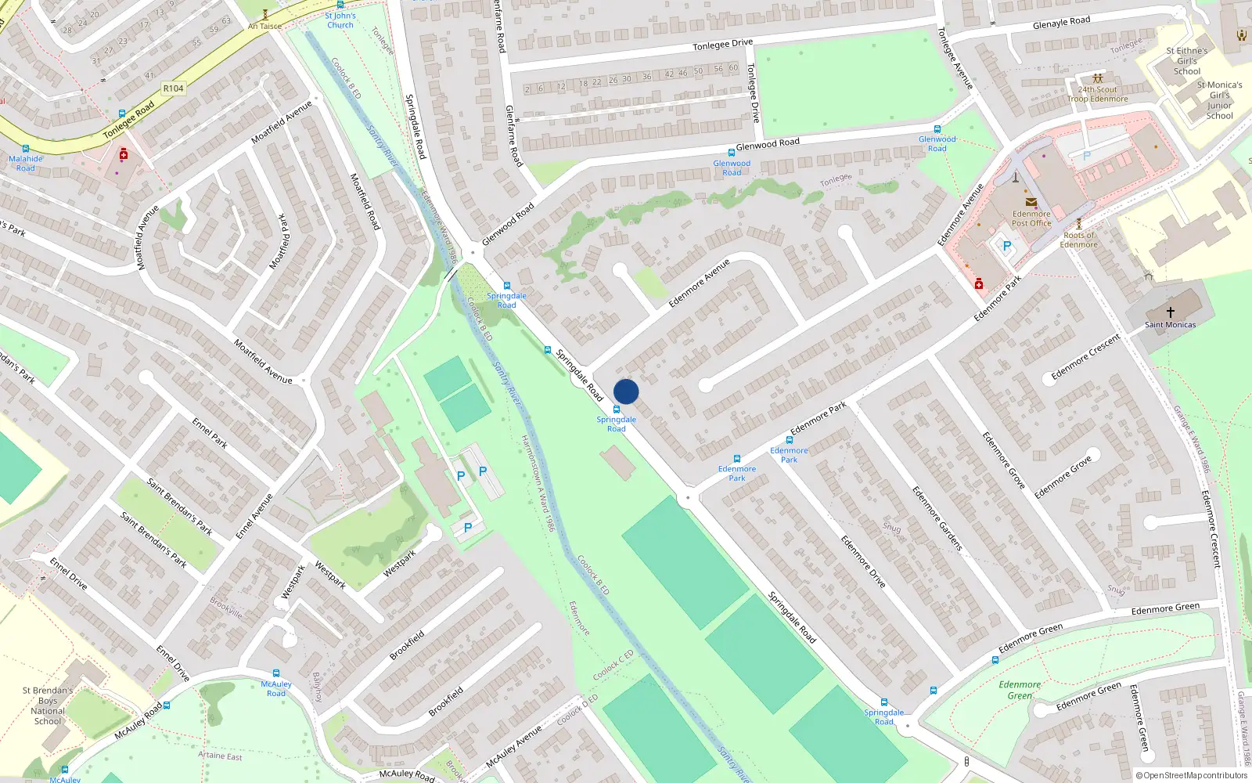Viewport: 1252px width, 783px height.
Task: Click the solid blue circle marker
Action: click(x=626, y=391)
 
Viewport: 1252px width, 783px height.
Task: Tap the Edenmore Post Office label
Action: click(x=1031, y=218)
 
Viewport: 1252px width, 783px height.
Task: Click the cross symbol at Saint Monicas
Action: click(x=1171, y=312)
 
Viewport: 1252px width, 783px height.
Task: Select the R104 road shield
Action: click(x=173, y=88)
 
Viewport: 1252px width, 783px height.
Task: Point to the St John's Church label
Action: click(x=340, y=20)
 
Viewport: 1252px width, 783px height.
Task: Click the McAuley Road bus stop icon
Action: click(x=276, y=673)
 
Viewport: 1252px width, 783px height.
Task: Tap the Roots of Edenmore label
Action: click(x=1079, y=240)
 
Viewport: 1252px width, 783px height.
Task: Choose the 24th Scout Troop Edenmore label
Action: click(x=1098, y=94)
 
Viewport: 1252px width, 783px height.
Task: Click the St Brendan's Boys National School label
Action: click(x=48, y=705)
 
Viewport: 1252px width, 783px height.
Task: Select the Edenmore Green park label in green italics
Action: click(x=1020, y=690)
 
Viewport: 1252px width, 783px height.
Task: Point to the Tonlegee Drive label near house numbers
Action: click(x=722, y=45)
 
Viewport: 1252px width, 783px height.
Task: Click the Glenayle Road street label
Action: click(x=1061, y=23)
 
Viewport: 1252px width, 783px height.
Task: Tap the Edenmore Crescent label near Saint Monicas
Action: click(x=1085, y=356)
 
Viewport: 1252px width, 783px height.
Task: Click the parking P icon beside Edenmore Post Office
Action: click(x=1006, y=246)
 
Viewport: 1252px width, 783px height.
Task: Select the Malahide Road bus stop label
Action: click(x=26, y=163)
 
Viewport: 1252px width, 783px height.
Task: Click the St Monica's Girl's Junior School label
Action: click(x=1219, y=100)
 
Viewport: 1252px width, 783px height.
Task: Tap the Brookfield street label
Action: click(x=407, y=644)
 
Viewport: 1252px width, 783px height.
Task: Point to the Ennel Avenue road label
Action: click(x=254, y=516)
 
